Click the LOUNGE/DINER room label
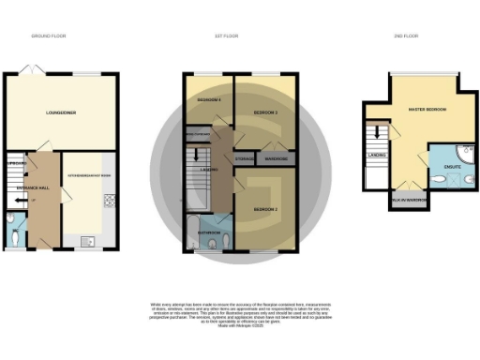(x=61, y=112)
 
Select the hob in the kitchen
(x=109, y=202)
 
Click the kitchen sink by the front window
(x=91, y=240)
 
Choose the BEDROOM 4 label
(x=208, y=99)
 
